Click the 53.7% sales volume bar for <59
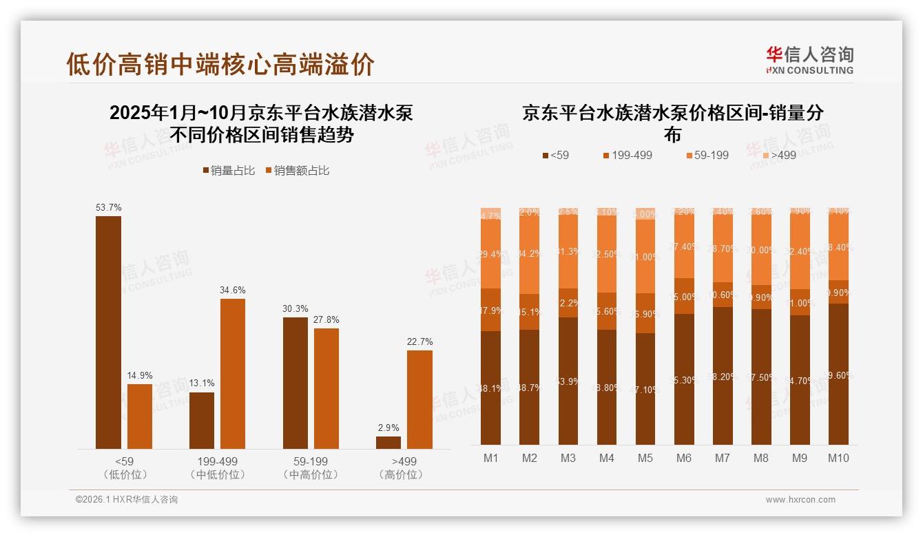click(x=108, y=333)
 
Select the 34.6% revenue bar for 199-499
click(x=233, y=374)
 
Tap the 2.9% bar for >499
click(x=388, y=443)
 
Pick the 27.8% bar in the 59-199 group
click(x=326, y=389)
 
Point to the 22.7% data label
click(x=419, y=342)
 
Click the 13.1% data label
click(x=202, y=383)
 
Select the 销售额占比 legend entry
click(x=297, y=170)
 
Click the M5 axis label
click(x=645, y=458)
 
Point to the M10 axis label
click(x=838, y=458)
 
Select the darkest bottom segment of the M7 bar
click(x=723, y=376)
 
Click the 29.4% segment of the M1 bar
click(x=490, y=255)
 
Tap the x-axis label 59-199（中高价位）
click(x=311, y=467)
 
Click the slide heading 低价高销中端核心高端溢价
click(x=220, y=64)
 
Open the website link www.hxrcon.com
click(x=800, y=500)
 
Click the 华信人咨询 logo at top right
click(x=809, y=60)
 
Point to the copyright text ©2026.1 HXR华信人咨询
click(x=127, y=500)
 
